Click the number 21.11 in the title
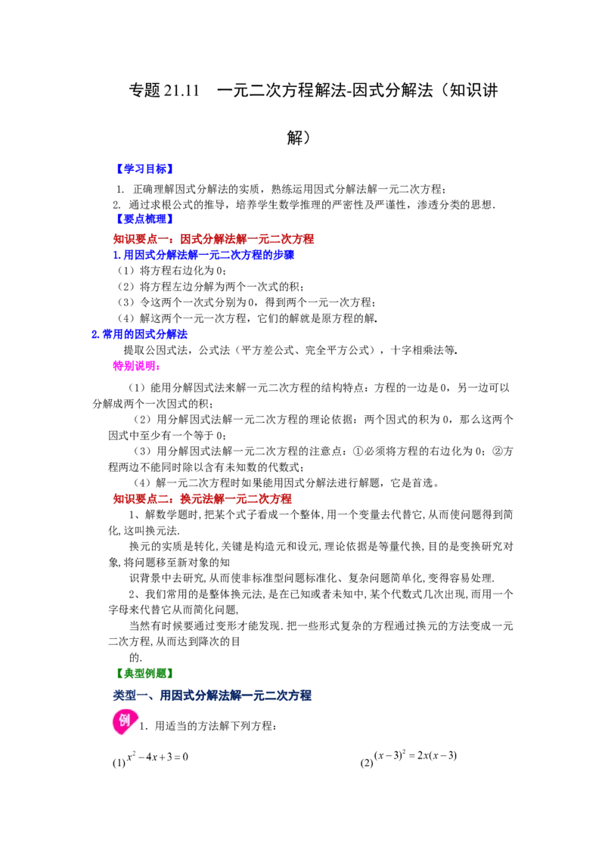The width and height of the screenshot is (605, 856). click(181, 90)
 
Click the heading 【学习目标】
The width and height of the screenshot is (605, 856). click(144, 169)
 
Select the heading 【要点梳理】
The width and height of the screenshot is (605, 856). click(144, 219)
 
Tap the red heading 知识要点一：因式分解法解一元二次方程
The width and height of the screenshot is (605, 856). click(213, 238)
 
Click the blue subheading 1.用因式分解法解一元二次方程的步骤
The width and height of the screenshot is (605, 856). click(203, 255)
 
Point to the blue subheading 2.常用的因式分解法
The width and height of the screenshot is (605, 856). click(139, 334)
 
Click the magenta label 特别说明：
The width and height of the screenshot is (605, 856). click(137, 366)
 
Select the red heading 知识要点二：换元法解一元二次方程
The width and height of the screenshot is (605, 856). click(203, 498)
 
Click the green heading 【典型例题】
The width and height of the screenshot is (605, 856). click(144, 674)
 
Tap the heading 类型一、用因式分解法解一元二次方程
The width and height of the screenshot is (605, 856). click(212, 696)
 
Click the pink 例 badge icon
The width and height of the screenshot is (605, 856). click(124, 721)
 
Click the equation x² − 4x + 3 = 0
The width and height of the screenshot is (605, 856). click(157, 757)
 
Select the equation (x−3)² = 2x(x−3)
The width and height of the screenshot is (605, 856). click(415, 755)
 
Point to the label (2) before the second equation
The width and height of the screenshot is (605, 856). click(366, 763)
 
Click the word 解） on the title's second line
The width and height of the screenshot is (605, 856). click(299, 138)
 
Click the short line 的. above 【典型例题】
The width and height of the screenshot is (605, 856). click(135, 657)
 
